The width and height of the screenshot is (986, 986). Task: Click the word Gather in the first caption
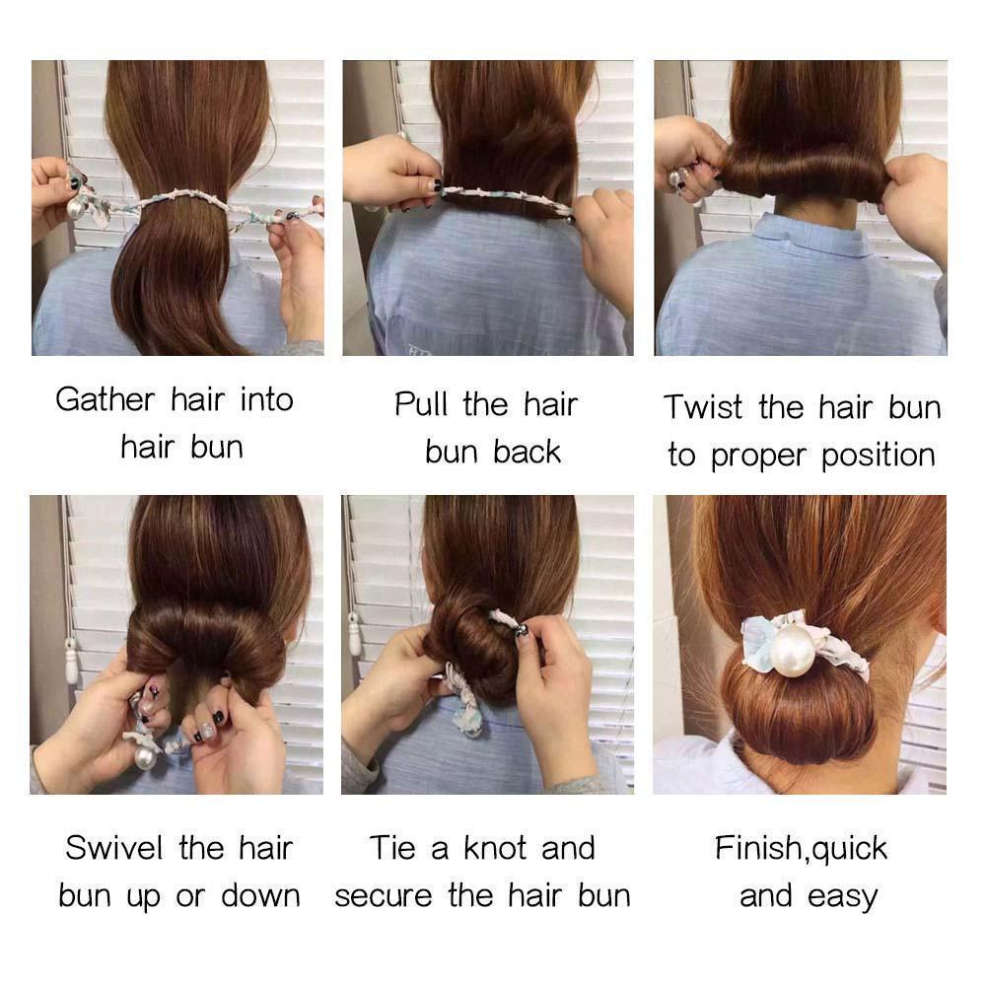coord(106,400)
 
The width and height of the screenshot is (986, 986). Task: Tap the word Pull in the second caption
coord(421,403)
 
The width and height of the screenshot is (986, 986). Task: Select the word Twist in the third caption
coord(703,407)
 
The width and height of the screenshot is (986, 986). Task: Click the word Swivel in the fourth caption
coord(114,848)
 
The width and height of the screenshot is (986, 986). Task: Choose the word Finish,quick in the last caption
coord(801,849)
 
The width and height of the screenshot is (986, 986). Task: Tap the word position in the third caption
coord(879,456)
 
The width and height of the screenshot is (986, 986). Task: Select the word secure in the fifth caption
coord(383,896)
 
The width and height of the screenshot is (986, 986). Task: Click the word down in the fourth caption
coord(261,895)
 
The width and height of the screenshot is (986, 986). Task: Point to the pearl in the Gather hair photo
coord(77,207)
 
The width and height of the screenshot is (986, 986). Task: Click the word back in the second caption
coord(527,452)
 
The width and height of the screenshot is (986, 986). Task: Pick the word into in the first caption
coord(267,400)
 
